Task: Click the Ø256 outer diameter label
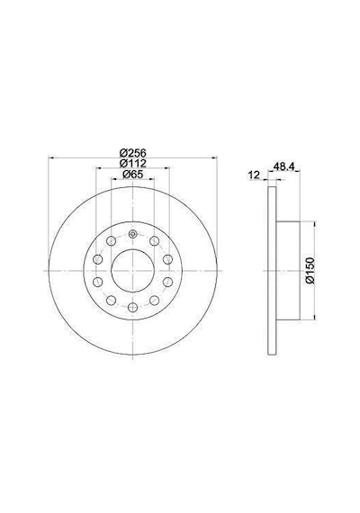(132, 152)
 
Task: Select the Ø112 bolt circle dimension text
(132, 163)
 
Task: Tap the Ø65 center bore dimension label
(132, 174)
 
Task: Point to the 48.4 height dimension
(284, 166)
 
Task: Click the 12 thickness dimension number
(254, 175)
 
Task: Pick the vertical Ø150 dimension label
(310, 271)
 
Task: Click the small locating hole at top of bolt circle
(132, 234)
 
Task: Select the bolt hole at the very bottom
(132, 307)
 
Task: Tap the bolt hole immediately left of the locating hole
(112, 241)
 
